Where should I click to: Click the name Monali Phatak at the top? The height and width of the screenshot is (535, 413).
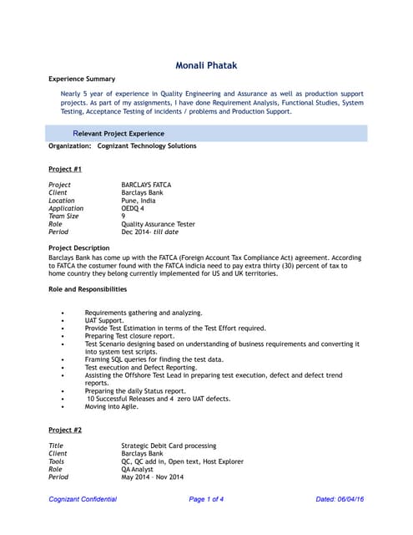click(x=206, y=65)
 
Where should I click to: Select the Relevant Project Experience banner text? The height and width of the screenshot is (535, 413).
click(x=118, y=133)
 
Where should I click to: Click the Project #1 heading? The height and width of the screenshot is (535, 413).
click(x=65, y=169)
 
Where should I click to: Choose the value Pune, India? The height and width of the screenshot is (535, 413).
click(x=144, y=201)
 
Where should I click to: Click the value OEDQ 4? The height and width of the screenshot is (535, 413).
click(x=139, y=209)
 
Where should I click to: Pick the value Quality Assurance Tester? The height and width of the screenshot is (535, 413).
click(x=158, y=225)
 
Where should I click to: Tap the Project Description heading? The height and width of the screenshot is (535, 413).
click(x=78, y=248)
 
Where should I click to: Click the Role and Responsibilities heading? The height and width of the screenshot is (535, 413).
click(x=88, y=289)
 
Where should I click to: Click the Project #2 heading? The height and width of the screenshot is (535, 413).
click(x=65, y=430)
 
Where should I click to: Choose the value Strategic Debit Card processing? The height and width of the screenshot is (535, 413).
click(x=169, y=446)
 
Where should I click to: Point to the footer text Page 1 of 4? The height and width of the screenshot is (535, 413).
click(x=206, y=499)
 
